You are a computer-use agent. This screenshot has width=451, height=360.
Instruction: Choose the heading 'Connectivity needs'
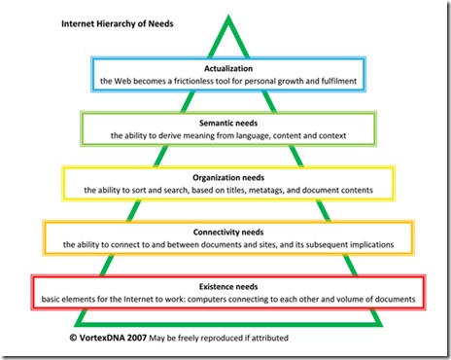pyautogui.click(x=225, y=231)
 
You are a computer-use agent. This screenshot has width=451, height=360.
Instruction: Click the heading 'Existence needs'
pyautogui.click(x=225, y=284)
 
